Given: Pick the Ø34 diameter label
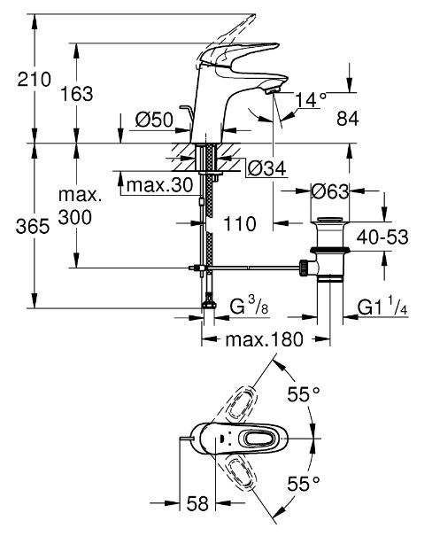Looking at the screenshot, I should click(266, 167).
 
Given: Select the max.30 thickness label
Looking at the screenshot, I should click(158, 185).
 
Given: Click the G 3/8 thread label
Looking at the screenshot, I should click(246, 307).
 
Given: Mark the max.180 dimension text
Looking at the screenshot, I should click(264, 339).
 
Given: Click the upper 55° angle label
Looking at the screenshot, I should click(304, 395).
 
